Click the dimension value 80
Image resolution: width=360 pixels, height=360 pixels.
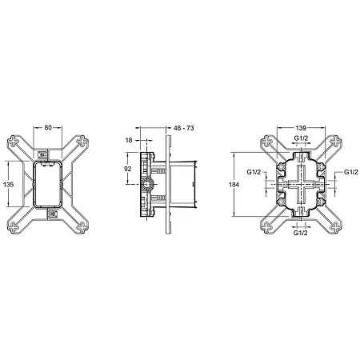click(48, 128)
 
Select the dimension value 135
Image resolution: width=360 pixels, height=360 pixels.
click(8, 184)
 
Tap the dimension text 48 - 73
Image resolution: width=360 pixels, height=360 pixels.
click(184, 128)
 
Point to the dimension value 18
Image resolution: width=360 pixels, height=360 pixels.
click(129, 140)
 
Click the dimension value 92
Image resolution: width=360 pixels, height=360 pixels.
click(128, 169)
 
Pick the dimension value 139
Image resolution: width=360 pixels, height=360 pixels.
click(301, 128)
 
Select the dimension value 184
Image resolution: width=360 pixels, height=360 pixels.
click(234, 184)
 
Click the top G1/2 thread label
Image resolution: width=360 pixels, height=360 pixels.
click(301, 138)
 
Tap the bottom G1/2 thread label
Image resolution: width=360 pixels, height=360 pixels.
click(301, 233)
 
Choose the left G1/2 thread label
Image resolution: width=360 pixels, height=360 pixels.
click(254, 172)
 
